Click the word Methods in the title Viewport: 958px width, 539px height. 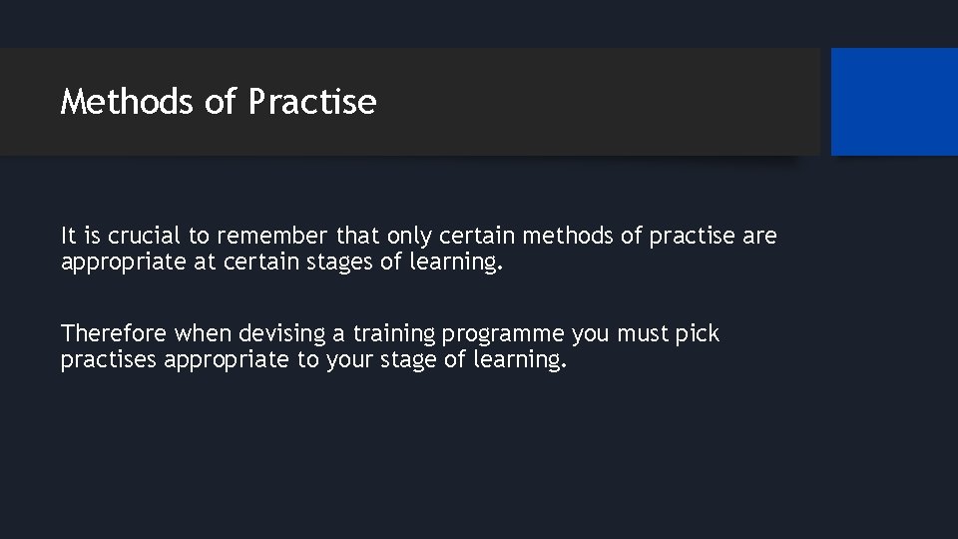tap(127, 102)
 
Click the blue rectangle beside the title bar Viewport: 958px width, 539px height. tap(894, 102)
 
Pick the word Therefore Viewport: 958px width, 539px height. tap(114, 333)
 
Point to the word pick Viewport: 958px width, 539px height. tap(698, 333)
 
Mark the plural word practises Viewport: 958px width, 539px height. tap(109, 359)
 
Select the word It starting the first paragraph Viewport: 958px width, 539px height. tap(69, 237)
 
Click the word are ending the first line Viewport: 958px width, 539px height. tap(759, 237)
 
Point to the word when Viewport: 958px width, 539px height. tap(203, 333)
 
